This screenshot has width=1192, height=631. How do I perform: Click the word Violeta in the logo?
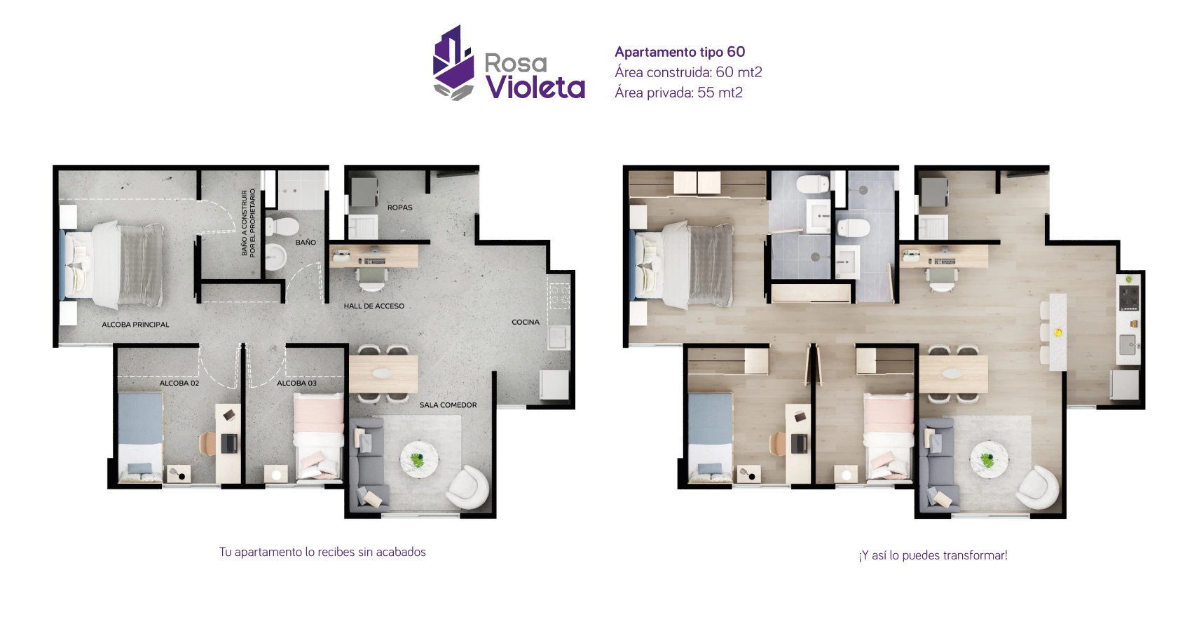pos(535,87)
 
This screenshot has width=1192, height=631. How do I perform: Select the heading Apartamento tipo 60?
pos(680,52)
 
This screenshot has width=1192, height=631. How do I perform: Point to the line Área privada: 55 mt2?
pos(678,93)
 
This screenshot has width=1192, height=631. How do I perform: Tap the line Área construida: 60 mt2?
pos(688,72)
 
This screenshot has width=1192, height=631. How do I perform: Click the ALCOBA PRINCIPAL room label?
pos(135,325)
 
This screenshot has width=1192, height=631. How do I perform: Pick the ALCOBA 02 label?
pos(179,384)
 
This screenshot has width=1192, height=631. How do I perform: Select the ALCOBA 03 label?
pos(296,384)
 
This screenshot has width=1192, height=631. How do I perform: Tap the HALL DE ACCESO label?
pos(374,306)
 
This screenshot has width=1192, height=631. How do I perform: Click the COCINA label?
pos(526,323)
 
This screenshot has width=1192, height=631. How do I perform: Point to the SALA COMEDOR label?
pos(448,405)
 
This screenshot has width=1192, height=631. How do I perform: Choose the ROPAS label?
pos(399,208)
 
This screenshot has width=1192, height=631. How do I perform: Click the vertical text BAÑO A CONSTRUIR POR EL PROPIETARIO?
pos(248,222)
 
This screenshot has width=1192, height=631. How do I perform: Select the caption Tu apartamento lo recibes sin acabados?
pos(322,552)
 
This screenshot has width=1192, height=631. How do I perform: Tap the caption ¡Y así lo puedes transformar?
pos(933,555)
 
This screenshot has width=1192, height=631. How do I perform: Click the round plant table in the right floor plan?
pos(989,460)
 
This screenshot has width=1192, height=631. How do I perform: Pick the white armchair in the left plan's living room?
pos(468,487)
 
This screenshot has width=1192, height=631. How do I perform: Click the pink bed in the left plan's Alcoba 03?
pos(319,435)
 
